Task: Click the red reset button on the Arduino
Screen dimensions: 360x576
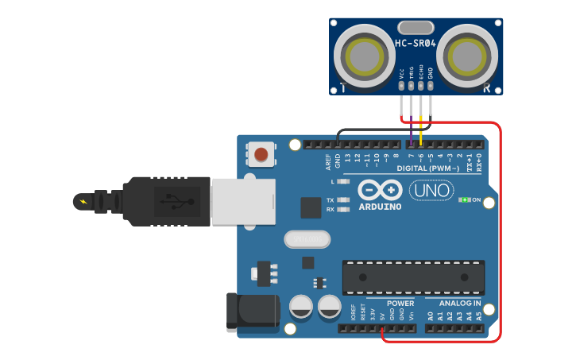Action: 261,153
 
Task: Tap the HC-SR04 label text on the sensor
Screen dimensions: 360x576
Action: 416,44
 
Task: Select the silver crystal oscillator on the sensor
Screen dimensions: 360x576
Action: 416,28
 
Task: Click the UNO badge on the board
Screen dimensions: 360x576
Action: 431,191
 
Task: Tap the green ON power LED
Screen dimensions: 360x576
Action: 464,200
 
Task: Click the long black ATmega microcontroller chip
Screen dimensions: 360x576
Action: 413,277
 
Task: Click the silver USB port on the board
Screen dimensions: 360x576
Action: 243,200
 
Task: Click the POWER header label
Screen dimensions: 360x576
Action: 400,303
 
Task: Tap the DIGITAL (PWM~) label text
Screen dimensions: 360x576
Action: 428,168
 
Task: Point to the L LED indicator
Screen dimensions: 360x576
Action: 343,182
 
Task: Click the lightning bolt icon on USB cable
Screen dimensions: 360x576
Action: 83,201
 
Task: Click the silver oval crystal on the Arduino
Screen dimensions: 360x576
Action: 306,238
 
